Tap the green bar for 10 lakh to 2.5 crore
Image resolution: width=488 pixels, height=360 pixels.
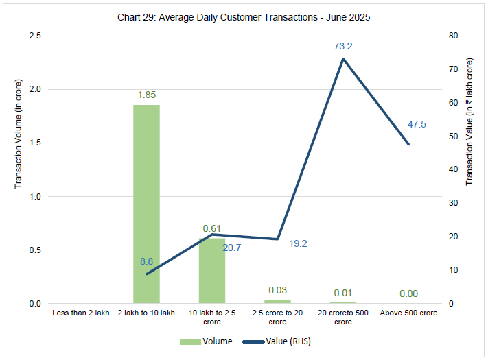coord(212,271)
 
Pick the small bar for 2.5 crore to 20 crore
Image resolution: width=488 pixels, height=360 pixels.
coord(277,302)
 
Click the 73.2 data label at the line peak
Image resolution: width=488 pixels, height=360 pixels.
coord(342,46)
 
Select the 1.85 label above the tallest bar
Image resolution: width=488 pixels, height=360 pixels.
coord(146,94)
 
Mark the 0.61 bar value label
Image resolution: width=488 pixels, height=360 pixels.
coord(212,228)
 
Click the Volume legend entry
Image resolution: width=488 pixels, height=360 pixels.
coord(206,341)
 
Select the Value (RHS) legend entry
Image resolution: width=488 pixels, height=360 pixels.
coord(281,341)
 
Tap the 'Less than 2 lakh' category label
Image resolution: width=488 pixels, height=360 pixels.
coord(81,313)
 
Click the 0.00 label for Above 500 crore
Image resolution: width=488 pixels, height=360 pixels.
coord(408,294)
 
